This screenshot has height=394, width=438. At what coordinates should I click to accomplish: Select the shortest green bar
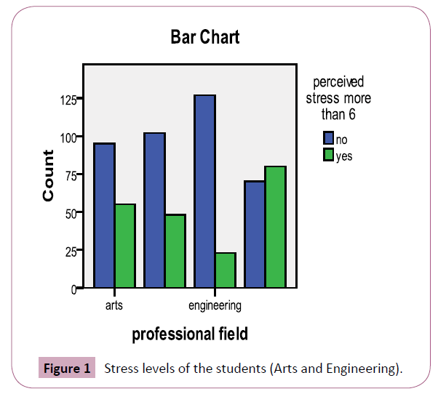[x=226, y=270]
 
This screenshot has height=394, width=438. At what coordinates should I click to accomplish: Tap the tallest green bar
[x=276, y=227]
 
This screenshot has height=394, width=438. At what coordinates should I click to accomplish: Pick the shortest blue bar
[x=255, y=234]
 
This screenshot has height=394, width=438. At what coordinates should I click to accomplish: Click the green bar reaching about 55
[x=124, y=246]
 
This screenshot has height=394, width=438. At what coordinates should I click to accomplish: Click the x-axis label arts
[x=114, y=305]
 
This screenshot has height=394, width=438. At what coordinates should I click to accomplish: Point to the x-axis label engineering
[x=215, y=305]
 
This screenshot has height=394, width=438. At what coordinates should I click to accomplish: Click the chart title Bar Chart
[x=204, y=36]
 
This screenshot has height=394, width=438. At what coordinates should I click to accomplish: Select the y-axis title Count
[x=48, y=176]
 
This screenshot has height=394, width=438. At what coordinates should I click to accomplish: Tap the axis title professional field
[x=190, y=334]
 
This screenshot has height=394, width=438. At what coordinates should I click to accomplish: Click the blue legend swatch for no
[x=328, y=138]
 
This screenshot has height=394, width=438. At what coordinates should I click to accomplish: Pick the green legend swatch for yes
[x=328, y=155]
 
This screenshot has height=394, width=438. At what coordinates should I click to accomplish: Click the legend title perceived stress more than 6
[x=338, y=98]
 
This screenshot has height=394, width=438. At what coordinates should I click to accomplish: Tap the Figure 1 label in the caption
[x=67, y=369]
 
